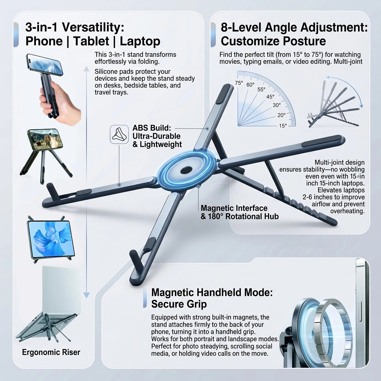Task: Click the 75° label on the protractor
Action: coord(239,83)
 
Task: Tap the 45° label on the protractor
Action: coord(270,97)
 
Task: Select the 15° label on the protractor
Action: coord(283,126)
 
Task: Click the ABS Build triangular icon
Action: coord(119,134)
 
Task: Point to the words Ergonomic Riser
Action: coord(51,352)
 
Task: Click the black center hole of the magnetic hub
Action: coord(187,170)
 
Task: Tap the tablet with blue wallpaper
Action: coord(51,239)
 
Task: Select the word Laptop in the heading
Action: coord(140,41)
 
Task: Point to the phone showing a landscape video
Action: coord(45,139)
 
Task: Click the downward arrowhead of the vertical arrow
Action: coord(87,295)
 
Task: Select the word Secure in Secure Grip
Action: coord(169,304)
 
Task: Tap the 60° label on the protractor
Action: coord(250,85)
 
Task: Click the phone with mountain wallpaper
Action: coord(45,65)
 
